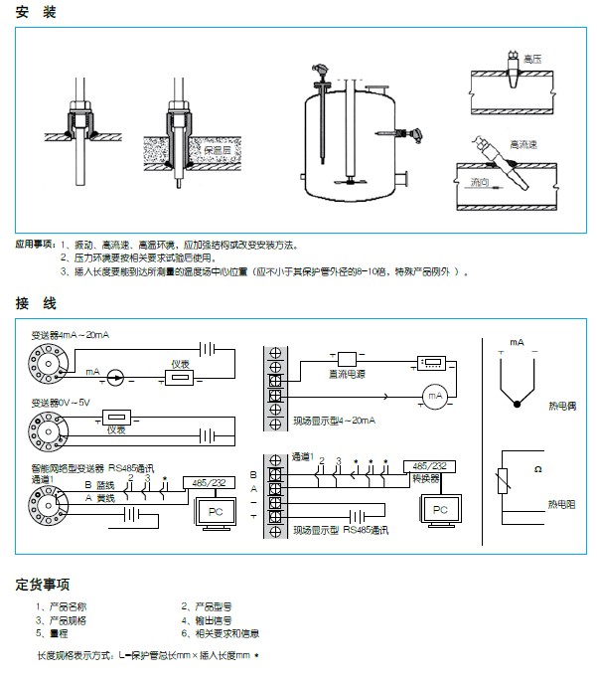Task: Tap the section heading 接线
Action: point(36,302)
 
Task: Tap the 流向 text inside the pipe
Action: point(482,183)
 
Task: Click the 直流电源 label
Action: point(347,374)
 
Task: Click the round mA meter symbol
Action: point(433,397)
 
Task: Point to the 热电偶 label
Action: point(562,406)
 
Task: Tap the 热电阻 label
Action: point(562,504)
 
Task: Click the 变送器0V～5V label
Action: point(62,403)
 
